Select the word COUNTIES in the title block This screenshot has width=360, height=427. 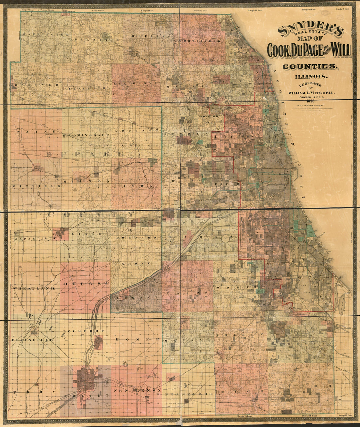point(310,66)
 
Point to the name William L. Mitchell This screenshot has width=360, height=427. point(311,93)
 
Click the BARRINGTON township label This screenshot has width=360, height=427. point(46,34)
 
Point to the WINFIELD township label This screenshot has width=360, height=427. point(37,186)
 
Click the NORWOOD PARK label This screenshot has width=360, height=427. point(211,120)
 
